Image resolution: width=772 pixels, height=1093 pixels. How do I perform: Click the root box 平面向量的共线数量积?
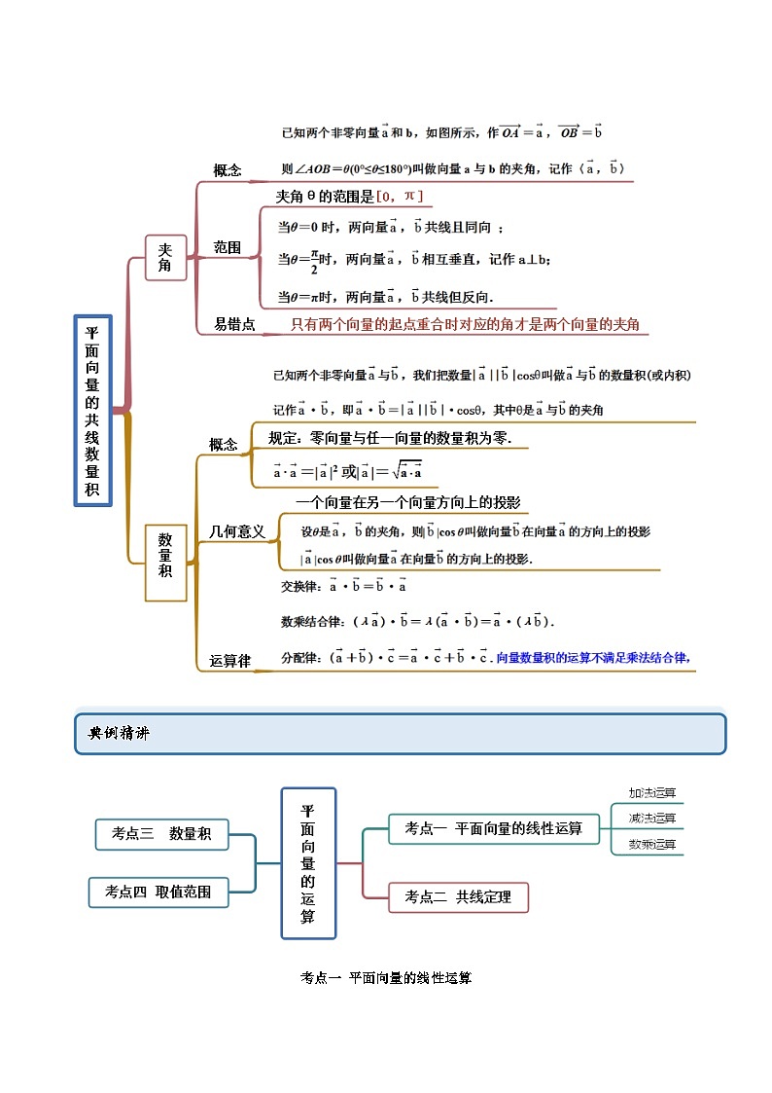pos(92,410)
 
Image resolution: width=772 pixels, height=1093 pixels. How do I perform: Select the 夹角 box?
pos(165,257)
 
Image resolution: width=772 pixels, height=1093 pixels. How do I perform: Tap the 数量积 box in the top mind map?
pos(165,564)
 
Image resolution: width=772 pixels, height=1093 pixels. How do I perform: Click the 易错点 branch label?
pos(234,325)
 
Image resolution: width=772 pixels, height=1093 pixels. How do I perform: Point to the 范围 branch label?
pos(227,247)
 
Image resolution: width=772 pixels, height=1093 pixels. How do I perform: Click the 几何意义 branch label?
pos(237,531)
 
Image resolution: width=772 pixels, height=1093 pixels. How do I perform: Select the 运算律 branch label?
pos(229,661)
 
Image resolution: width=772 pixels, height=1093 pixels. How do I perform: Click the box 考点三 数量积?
pos(162,833)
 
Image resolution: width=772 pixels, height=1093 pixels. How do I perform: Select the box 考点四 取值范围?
pos(158,892)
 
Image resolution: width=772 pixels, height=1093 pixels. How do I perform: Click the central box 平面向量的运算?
pos(308,862)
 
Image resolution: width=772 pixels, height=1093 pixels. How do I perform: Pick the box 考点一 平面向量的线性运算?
pos(493,828)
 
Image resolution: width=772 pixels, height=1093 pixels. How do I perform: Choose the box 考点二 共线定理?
pos(458,896)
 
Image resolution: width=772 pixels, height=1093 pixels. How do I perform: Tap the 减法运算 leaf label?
pos(651,819)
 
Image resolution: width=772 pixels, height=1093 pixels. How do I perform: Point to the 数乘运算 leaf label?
pos(651,844)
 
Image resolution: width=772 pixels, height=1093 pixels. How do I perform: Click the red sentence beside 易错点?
pos(465,325)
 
